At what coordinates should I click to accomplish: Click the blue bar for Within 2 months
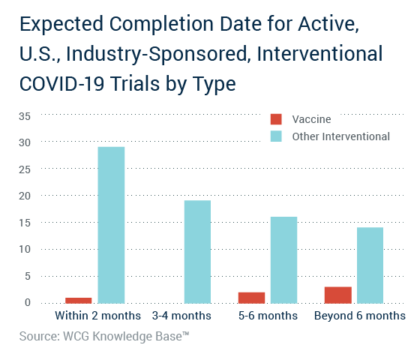click(111, 225)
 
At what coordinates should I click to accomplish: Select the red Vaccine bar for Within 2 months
click(79, 301)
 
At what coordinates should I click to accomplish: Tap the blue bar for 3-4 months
click(198, 252)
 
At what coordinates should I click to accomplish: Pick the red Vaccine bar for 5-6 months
click(251, 298)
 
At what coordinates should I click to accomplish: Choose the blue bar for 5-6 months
click(284, 260)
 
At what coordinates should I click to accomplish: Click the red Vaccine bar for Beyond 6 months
click(338, 295)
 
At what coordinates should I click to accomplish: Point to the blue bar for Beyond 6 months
click(370, 265)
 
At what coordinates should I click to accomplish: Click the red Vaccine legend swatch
click(276, 119)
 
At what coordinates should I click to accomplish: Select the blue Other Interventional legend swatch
click(276, 136)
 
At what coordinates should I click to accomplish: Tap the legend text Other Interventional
click(341, 136)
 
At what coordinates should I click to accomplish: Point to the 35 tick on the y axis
click(25, 116)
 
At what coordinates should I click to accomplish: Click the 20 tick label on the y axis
click(25, 196)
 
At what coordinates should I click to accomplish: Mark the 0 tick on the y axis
click(28, 303)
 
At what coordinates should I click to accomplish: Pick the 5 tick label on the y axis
click(28, 276)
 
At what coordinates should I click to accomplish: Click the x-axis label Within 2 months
click(97, 316)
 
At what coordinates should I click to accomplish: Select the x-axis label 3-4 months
click(181, 316)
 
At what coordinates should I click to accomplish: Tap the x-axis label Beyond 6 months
click(360, 316)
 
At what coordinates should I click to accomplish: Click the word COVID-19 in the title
click(61, 83)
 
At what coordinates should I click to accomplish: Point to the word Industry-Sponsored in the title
click(157, 53)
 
